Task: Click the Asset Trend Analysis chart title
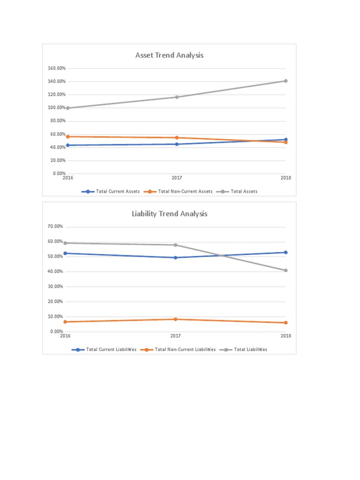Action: (x=169, y=55)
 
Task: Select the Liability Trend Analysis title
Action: (x=169, y=214)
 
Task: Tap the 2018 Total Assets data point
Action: (x=285, y=81)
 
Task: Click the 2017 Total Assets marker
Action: (x=177, y=97)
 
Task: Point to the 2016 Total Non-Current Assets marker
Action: (x=68, y=136)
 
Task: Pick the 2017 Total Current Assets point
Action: (x=177, y=144)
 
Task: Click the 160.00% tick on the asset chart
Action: (x=56, y=68)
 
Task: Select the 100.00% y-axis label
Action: (x=56, y=108)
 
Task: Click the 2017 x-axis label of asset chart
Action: (x=177, y=178)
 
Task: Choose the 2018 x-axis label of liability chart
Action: (x=285, y=336)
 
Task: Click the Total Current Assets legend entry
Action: (x=111, y=191)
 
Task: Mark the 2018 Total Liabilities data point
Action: (x=285, y=270)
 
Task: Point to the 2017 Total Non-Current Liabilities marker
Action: (x=176, y=319)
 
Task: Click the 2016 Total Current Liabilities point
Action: (x=66, y=253)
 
